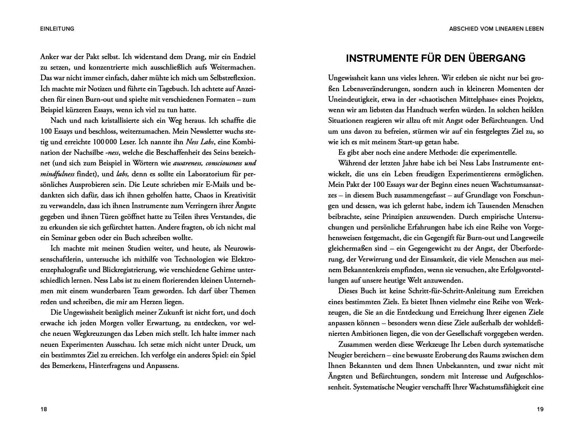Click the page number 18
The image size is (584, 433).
coord(44,409)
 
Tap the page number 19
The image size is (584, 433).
coord(540,409)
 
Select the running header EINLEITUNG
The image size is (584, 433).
coord(57,29)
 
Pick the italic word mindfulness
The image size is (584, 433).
coord(58,174)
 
